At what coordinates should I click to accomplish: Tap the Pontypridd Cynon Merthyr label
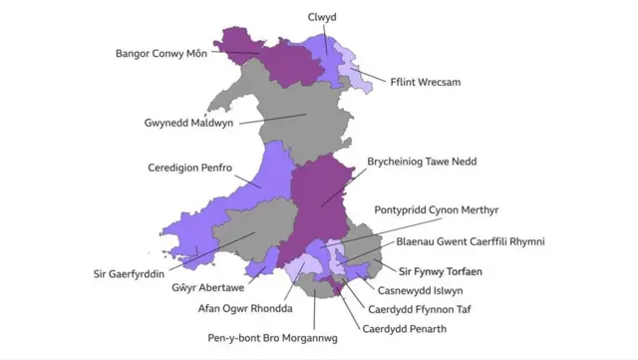coord(437,210)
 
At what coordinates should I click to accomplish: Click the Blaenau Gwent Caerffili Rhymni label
coord(471,241)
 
